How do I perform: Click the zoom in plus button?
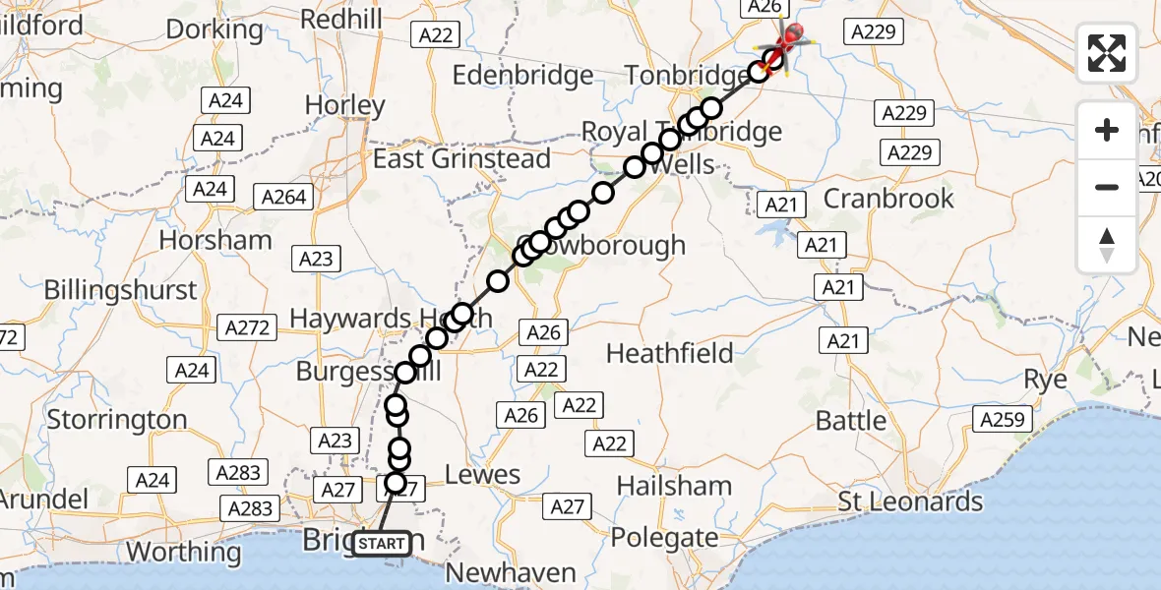[1107, 130]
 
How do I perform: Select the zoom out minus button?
[1107, 187]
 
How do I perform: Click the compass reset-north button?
[1107, 244]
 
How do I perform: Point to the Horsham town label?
[215, 240]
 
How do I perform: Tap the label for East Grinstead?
[462, 158]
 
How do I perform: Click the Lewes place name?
[482, 475]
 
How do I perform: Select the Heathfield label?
[670, 353]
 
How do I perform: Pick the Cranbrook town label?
[888, 198]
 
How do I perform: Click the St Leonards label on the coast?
[910, 501]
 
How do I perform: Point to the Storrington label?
[117, 420]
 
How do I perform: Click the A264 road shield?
[284, 197]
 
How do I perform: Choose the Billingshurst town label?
[121, 291]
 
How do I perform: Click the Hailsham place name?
[675, 486]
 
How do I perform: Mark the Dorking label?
[214, 29]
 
